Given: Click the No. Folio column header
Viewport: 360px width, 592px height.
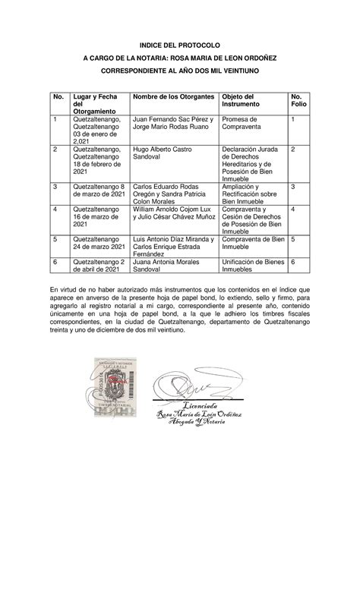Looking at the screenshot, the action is pos(300,101).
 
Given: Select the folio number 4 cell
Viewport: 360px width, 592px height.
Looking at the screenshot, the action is pos(293,209).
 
